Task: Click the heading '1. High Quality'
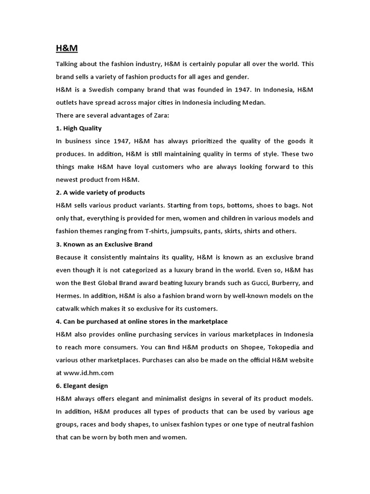(79, 128)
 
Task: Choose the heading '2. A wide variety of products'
(101, 192)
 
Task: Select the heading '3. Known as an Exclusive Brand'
(104, 244)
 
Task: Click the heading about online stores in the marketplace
(142, 321)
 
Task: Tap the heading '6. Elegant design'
(82, 385)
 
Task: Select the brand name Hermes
(68, 295)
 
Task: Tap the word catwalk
(68, 308)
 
